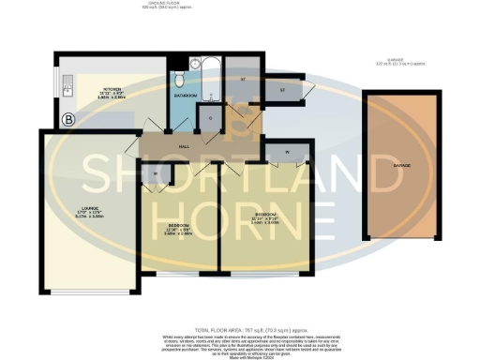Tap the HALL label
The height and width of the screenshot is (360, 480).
coord(185,146)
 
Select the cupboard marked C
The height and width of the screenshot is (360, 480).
coord(210,117)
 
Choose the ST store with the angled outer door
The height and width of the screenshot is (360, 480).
coord(280,90)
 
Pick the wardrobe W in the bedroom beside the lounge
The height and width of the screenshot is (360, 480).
coord(153,173)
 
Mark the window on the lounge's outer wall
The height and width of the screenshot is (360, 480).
coord(91,292)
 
